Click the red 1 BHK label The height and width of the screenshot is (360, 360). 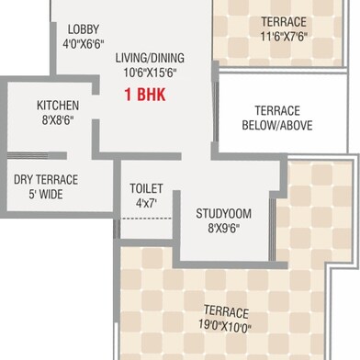(x=145, y=95)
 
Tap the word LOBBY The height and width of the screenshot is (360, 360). (x=84, y=29)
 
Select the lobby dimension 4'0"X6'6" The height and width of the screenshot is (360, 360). (x=84, y=44)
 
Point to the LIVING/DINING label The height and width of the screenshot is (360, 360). (x=150, y=58)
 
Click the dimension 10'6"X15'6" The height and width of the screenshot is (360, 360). (x=150, y=73)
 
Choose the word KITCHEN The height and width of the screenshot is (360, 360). (x=58, y=106)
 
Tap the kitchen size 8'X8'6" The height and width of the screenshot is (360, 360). (x=58, y=120)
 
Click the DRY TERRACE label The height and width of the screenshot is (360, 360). (x=46, y=180)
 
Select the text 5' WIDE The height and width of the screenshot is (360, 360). (x=46, y=195)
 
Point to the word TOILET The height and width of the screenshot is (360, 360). (x=146, y=188)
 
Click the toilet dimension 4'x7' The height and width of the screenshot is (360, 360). (x=146, y=203)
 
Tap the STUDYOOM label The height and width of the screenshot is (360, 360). (x=224, y=214)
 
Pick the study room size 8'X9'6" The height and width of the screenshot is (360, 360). (x=224, y=229)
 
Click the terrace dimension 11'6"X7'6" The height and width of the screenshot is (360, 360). (x=284, y=37)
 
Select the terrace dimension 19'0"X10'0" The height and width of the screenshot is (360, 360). (x=225, y=325)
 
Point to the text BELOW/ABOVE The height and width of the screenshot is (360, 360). (x=277, y=126)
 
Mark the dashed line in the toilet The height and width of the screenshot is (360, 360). (x=147, y=219)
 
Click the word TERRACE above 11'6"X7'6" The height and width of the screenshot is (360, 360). (x=284, y=22)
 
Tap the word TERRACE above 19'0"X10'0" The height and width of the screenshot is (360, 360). (x=226, y=311)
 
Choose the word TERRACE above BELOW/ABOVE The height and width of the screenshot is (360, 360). (x=277, y=111)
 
